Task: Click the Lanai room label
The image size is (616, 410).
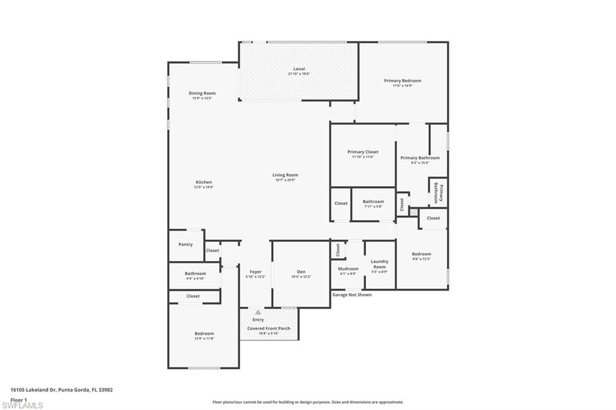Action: coord(299,69)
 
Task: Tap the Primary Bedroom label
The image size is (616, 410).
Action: coord(402,81)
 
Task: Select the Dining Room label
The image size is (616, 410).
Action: coord(202,93)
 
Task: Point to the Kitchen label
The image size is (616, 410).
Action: coord(203,182)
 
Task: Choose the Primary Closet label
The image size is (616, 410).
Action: coord(363,152)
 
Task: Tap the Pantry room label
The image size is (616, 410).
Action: coord(185,244)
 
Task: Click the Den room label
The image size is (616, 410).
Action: coord(301,271)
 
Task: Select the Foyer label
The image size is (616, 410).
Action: coord(256,272)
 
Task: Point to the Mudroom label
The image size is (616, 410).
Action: coord(348,269)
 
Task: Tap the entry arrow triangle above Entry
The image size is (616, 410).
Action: coord(258,312)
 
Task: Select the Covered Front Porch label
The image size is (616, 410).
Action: coord(269,328)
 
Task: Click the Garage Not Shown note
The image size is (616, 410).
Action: coord(352,295)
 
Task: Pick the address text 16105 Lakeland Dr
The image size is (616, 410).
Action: coord(33,390)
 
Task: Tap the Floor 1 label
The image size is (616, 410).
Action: coord(19,399)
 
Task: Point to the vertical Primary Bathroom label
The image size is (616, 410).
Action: coord(438,193)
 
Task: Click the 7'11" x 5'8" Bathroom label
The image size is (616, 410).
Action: coord(373,202)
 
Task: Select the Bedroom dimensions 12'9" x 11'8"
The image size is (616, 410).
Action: coord(204,338)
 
